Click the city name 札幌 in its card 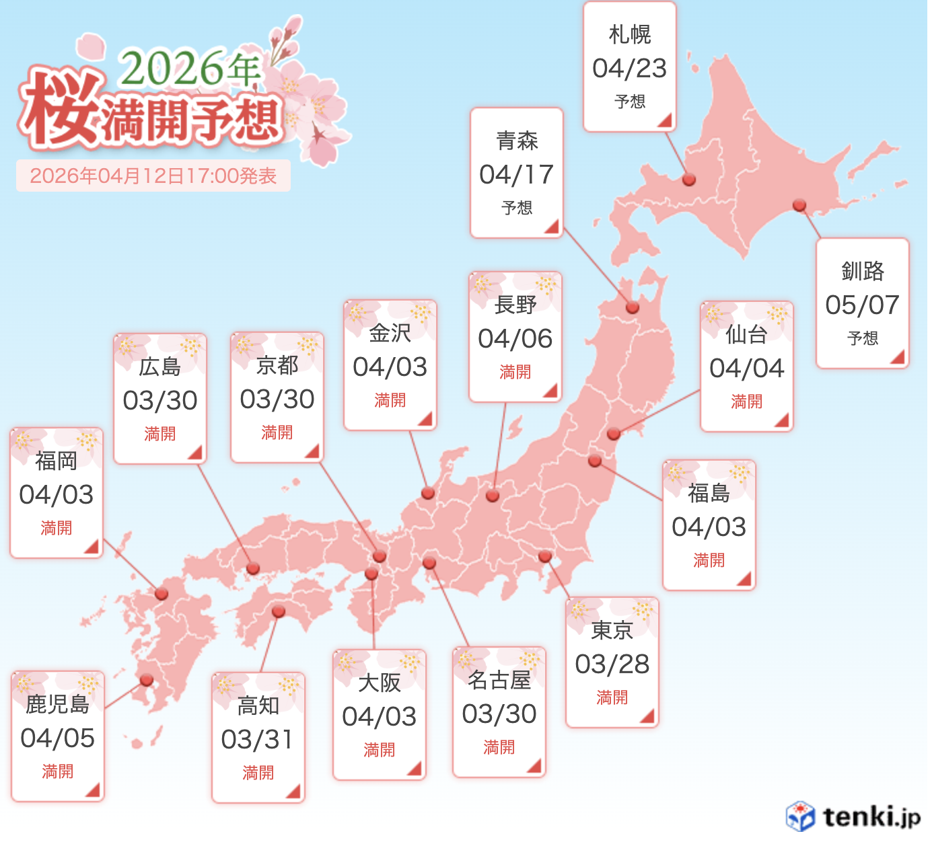[629, 34]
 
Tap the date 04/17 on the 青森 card [516, 175]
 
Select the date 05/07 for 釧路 [862, 305]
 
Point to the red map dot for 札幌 [688, 180]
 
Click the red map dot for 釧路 [799, 205]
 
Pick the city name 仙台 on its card [746, 334]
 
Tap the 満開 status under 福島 [709, 560]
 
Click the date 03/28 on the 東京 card [612, 664]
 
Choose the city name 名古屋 [499, 681]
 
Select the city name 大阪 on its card [379, 683]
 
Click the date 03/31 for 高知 [258, 740]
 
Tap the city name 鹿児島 [57, 704]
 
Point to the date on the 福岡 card [56, 495]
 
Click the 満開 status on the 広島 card [159, 434]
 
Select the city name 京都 [277, 365]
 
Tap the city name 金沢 [390, 333]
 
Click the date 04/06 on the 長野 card [515, 339]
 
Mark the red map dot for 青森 [632, 307]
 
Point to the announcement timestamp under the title [153, 176]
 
